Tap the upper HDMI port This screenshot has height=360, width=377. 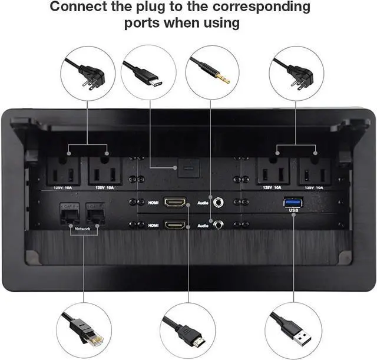click(175, 203)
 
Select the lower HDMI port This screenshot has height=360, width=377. click(175, 224)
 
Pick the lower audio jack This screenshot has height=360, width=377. click(219, 224)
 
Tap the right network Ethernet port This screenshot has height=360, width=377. click(94, 211)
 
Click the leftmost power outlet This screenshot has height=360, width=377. click(64, 172)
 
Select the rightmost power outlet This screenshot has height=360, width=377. click(313, 172)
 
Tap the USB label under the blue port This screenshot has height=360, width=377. click(295, 216)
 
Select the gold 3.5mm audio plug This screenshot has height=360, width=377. click(218, 73)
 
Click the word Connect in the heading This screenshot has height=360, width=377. click(80, 8)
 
